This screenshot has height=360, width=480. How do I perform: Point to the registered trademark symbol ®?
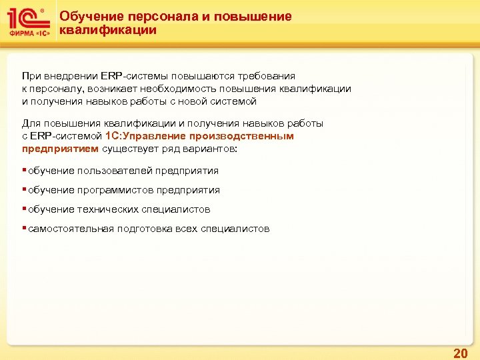(43, 10)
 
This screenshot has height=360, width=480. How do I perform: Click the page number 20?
(460, 353)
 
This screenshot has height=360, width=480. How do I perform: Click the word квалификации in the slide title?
(108, 30)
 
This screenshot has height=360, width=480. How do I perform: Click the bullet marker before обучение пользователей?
(25, 170)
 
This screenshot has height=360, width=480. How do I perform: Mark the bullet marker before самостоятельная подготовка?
(25, 229)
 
